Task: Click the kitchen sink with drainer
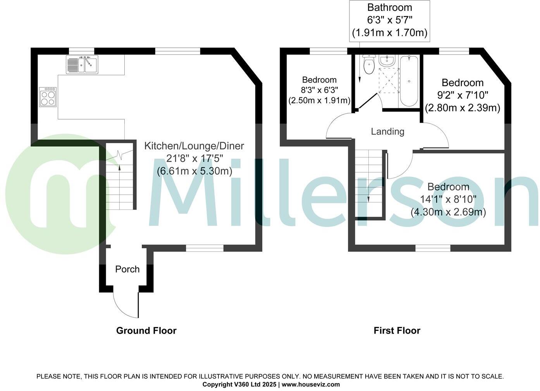click(82, 64)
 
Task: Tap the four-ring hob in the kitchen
click(48, 97)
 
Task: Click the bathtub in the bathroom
click(409, 81)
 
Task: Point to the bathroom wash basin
click(387, 61)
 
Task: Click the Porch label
click(127, 269)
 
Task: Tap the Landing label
click(387, 131)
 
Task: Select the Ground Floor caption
click(146, 330)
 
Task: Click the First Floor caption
click(397, 330)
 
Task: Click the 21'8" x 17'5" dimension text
click(194, 159)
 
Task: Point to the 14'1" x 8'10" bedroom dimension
click(448, 199)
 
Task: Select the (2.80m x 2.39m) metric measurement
click(463, 108)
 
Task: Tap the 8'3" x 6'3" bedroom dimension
click(320, 90)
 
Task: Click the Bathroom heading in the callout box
click(389, 7)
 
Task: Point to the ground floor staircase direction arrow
click(119, 168)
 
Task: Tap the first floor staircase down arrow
click(368, 197)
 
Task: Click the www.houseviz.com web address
click(311, 384)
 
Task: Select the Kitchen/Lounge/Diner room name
click(194, 146)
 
